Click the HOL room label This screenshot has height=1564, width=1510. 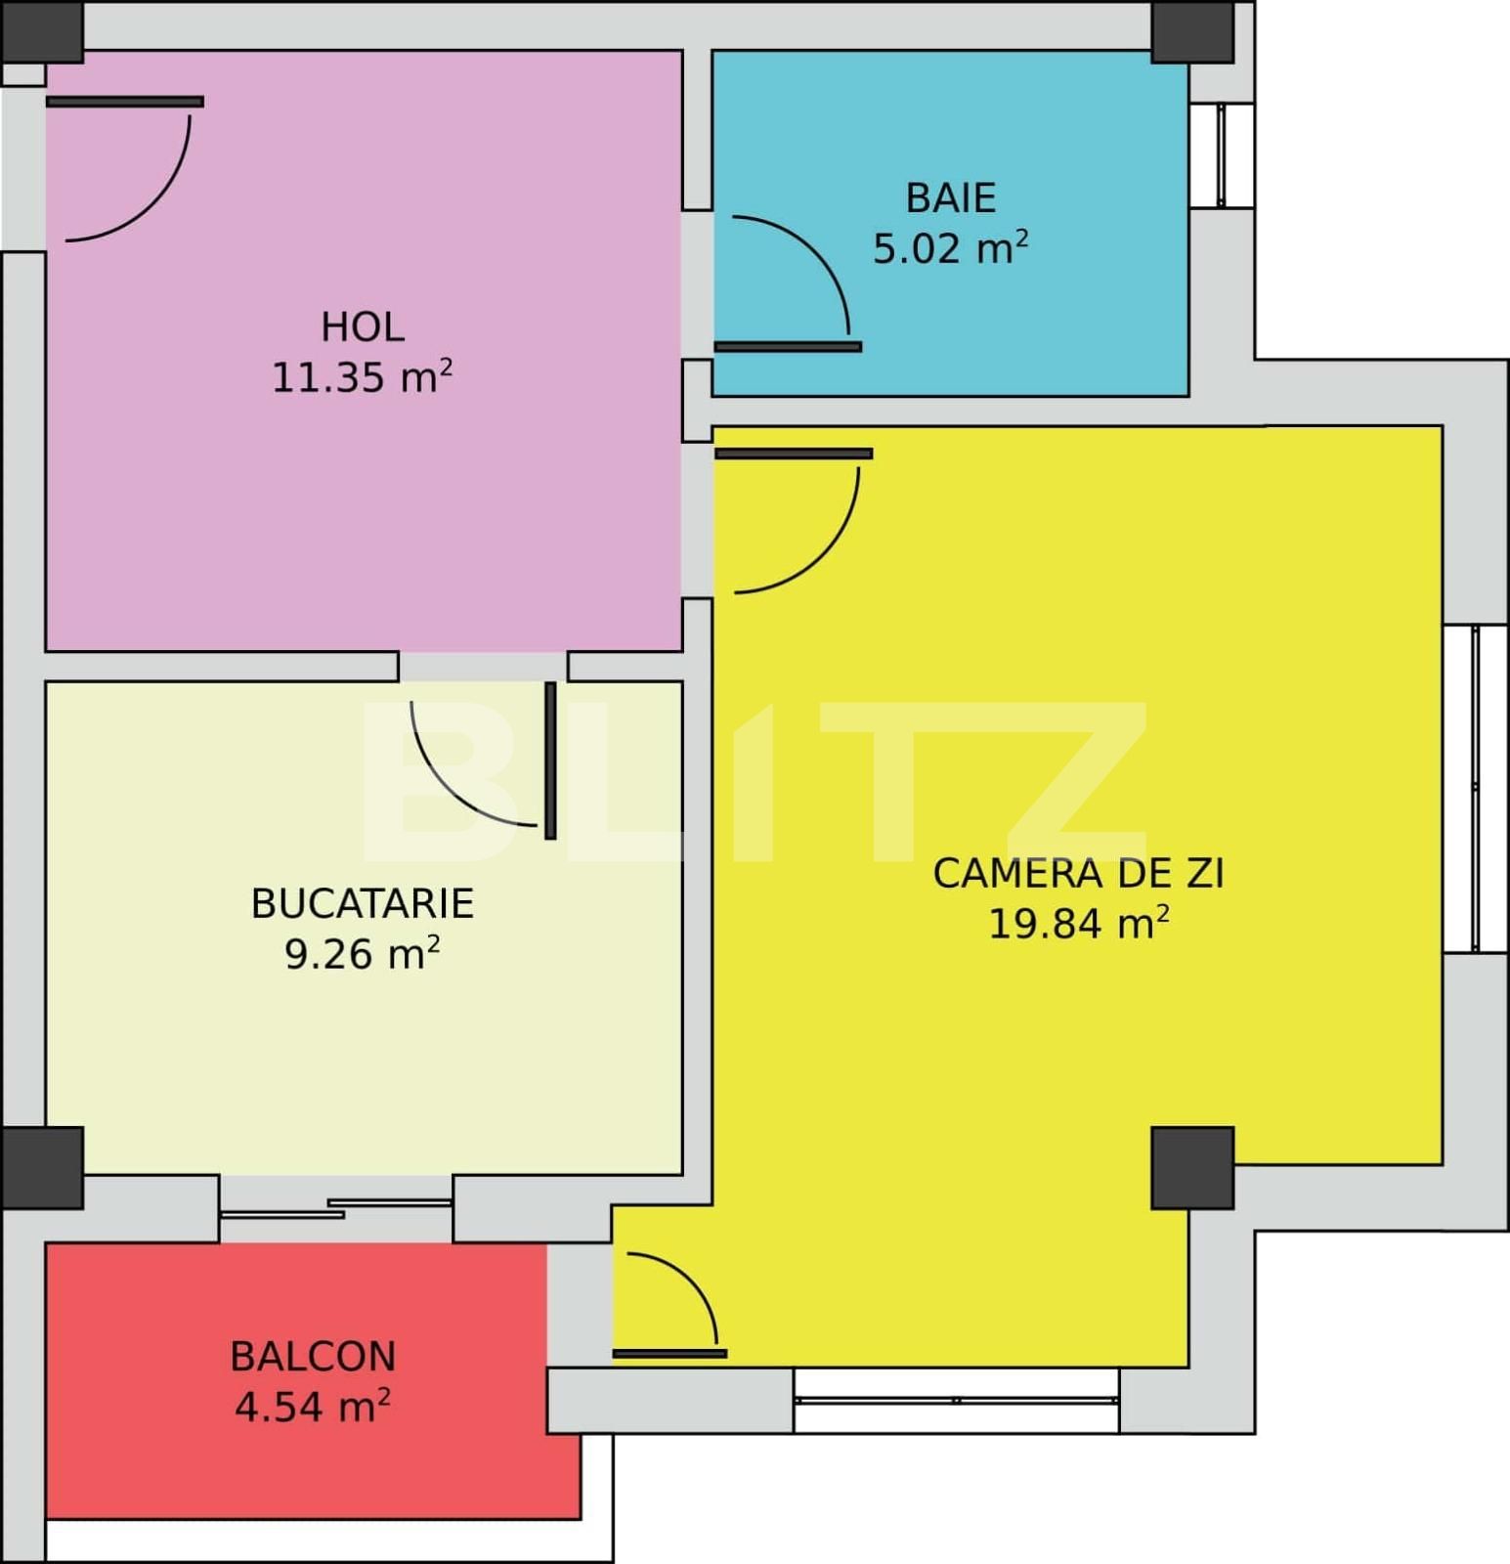click(362, 326)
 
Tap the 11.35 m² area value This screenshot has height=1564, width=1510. click(362, 377)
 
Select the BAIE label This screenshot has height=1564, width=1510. click(950, 197)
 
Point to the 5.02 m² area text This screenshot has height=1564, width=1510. click(950, 248)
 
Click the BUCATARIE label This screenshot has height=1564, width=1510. click(362, 903)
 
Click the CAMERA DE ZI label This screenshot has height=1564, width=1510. click(1078, 873)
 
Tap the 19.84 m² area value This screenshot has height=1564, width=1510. click(1078, 923)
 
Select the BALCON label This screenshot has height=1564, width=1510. click(313, 1356)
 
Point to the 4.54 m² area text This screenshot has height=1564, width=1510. click(313, 1407)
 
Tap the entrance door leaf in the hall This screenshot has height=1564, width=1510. click(125, 102)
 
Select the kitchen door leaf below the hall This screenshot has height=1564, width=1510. click(550, 760)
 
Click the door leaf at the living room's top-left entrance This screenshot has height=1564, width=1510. click(794, 454)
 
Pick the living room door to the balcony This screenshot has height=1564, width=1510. click(669, 1354)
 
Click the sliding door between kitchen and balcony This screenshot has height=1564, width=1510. click(335, 1208)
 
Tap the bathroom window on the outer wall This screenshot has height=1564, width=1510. click(1221, 154)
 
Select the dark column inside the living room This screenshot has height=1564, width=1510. click(1191, 1167)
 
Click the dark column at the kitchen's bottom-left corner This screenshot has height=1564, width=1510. click(42, 1167)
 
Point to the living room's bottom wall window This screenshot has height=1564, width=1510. click(956, 1400)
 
